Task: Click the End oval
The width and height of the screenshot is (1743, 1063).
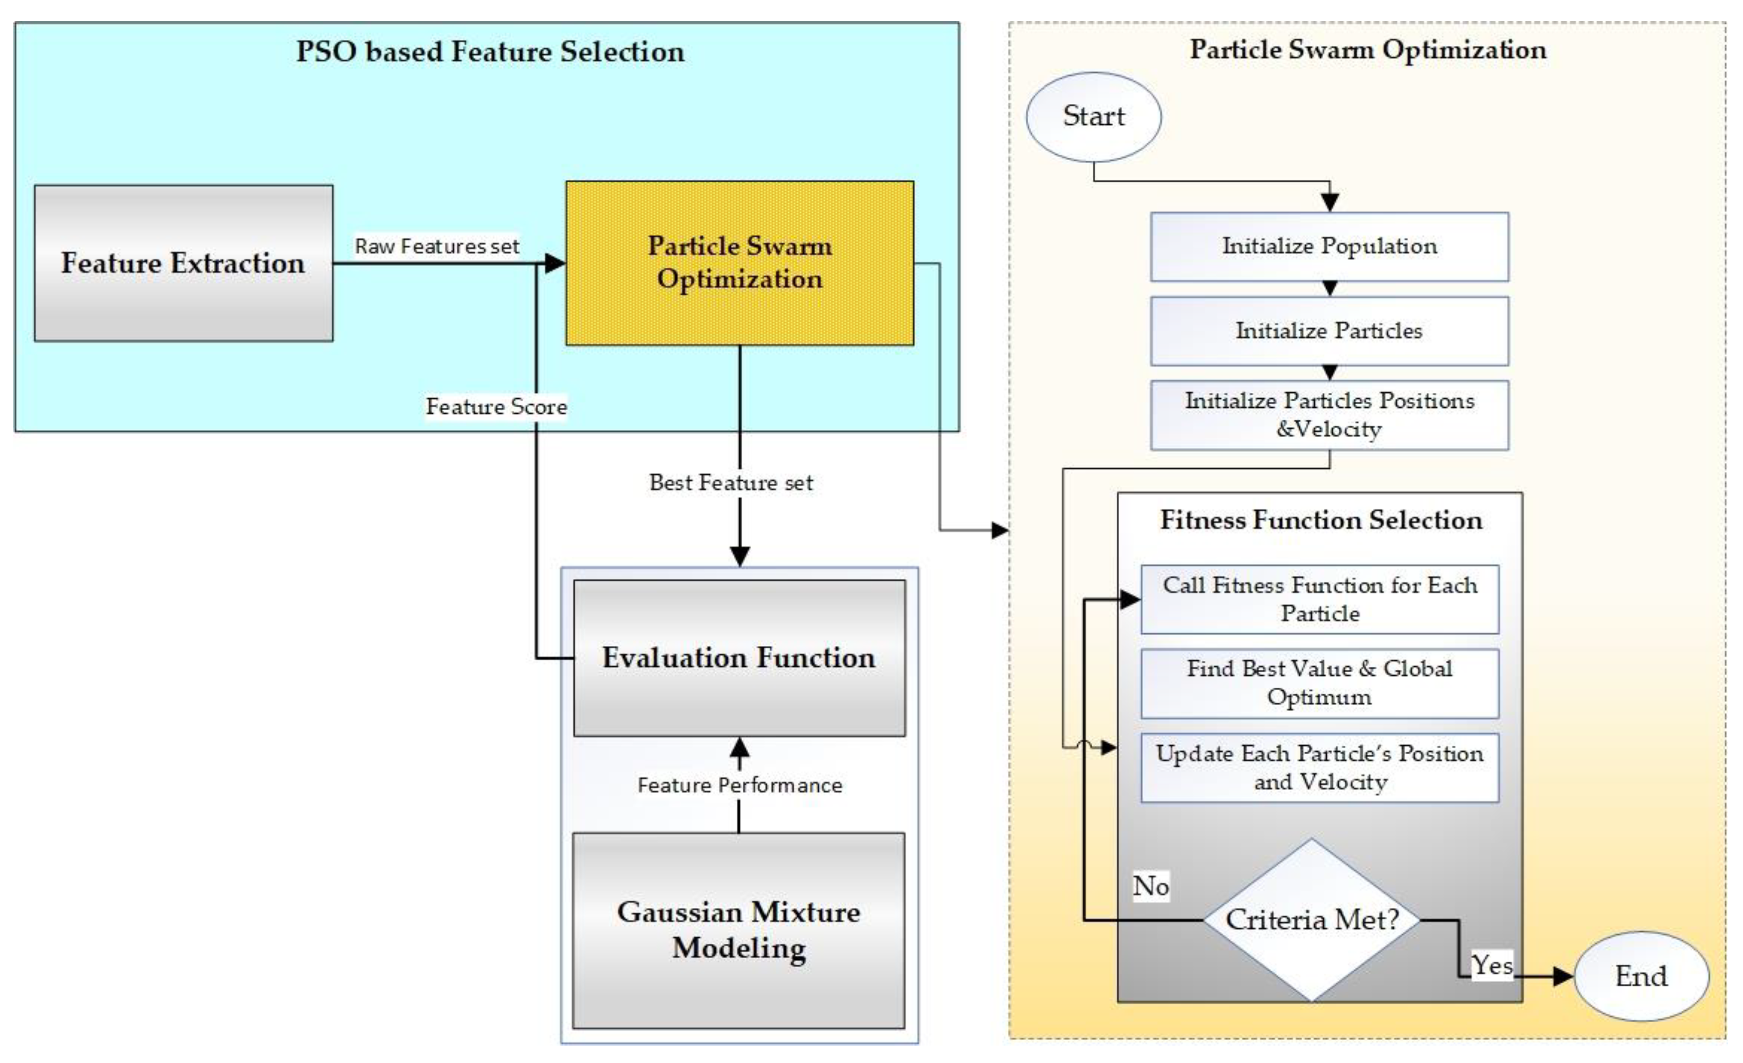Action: click(x=1641, y=976)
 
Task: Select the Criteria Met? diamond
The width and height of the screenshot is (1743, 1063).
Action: click(x=1312, y=919)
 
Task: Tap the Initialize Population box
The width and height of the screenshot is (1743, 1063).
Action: click(x=1329, y=246)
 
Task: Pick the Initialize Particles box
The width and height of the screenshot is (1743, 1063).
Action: click(x=1329, y=330)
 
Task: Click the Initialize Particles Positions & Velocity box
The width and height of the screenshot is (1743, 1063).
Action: click(x=1329, y=415)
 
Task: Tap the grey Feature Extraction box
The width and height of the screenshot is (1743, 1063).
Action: click(x=183, y=263)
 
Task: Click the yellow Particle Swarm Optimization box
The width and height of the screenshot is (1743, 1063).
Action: click(x=739, y=263)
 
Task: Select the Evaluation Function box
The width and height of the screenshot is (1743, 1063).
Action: click(x=739, y=658)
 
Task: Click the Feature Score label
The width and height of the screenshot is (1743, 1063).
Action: click(x=496, y=407)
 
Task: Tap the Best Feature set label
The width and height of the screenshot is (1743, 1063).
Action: click(x=731, y=482)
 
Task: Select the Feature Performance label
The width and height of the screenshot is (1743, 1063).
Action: click(x=739, y=785)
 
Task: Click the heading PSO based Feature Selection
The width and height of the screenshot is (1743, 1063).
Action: click(x=489, y=52)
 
